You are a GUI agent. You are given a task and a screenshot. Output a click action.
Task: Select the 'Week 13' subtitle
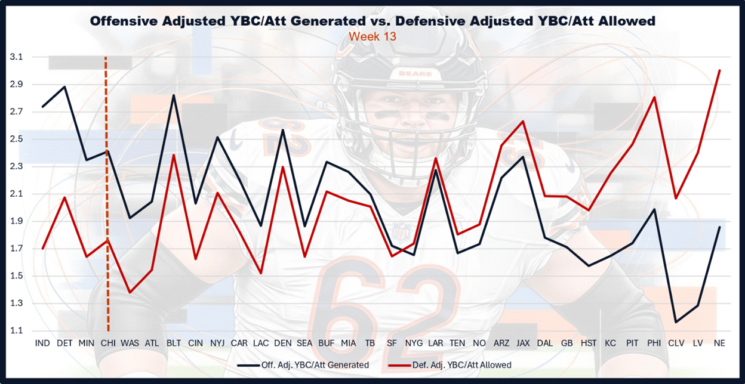pyautogui.click(x=372, y=36)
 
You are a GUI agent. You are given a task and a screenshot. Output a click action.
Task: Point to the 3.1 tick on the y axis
pyautogui.click(x=16, y=57)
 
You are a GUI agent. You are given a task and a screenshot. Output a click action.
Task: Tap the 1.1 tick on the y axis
pyautogui.click(x=16, y=330)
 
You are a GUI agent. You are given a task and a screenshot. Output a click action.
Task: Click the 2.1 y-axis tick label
pyautogui.click(x=16, y=194)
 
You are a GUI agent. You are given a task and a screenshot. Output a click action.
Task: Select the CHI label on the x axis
pyautogui.click(x=108, y=343)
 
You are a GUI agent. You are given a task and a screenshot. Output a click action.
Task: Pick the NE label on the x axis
pyautogui.click(x=719, y=343)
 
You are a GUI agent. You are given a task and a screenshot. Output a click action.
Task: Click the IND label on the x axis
pyautogui.click(x=42, y=343)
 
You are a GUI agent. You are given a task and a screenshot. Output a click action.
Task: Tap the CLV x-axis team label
pyautogui.click(x=676, y=343)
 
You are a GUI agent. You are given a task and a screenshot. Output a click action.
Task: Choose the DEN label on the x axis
pyautogui.click(x=282, y=343)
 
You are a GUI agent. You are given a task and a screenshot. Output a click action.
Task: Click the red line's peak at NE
pyautogui.click(x=719, y=70)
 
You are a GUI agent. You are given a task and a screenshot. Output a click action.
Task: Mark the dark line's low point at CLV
pyautogui.click(x=676, y=322)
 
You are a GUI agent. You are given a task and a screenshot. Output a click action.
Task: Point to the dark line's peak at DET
pyautogui.click(x=64, y=87)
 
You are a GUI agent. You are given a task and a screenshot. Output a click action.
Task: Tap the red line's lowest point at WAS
pyautogui.click(x=130, y=292)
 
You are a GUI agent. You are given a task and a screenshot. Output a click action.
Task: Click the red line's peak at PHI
pyautogui.click(x=654, y=97)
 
